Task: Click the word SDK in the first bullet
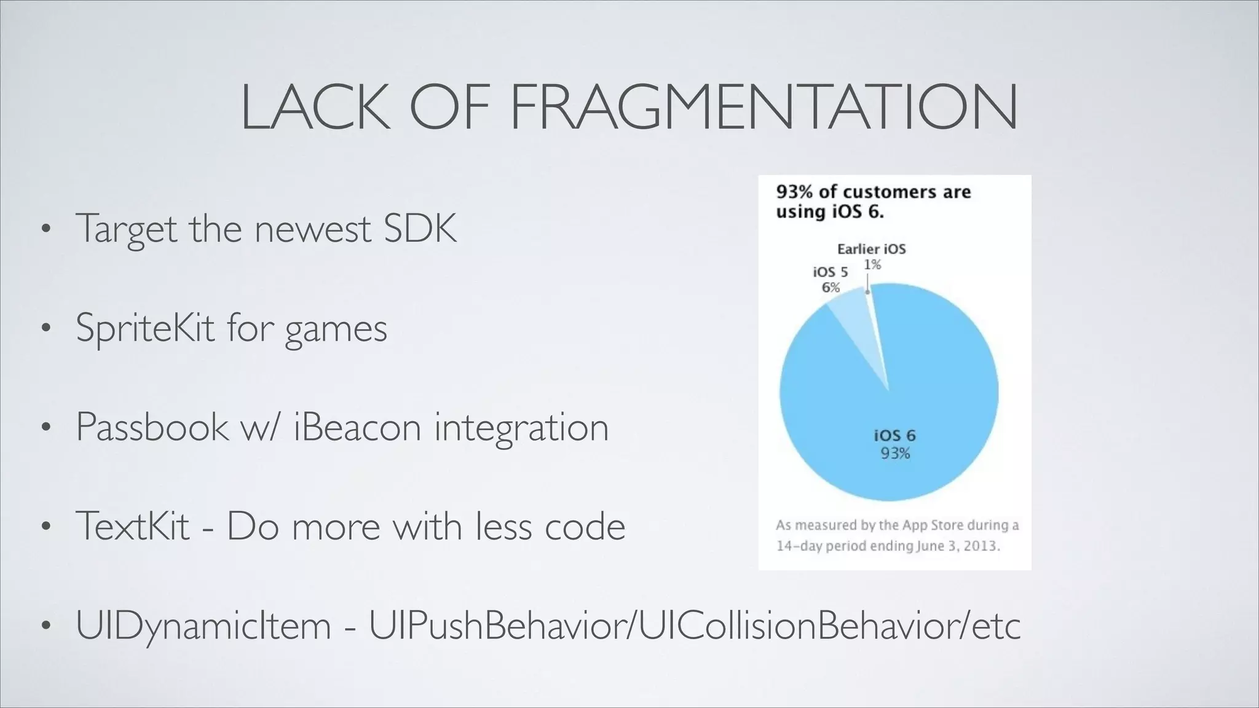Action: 420,229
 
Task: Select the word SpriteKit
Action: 145,328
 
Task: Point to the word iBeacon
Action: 357,427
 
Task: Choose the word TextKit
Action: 132,526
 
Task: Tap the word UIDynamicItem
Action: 203,626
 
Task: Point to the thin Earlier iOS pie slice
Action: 874,320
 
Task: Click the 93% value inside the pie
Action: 895,454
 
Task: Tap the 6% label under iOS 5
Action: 831,287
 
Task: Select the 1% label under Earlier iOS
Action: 872,264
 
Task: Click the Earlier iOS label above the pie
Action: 871,249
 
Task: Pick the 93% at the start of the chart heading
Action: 794,192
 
